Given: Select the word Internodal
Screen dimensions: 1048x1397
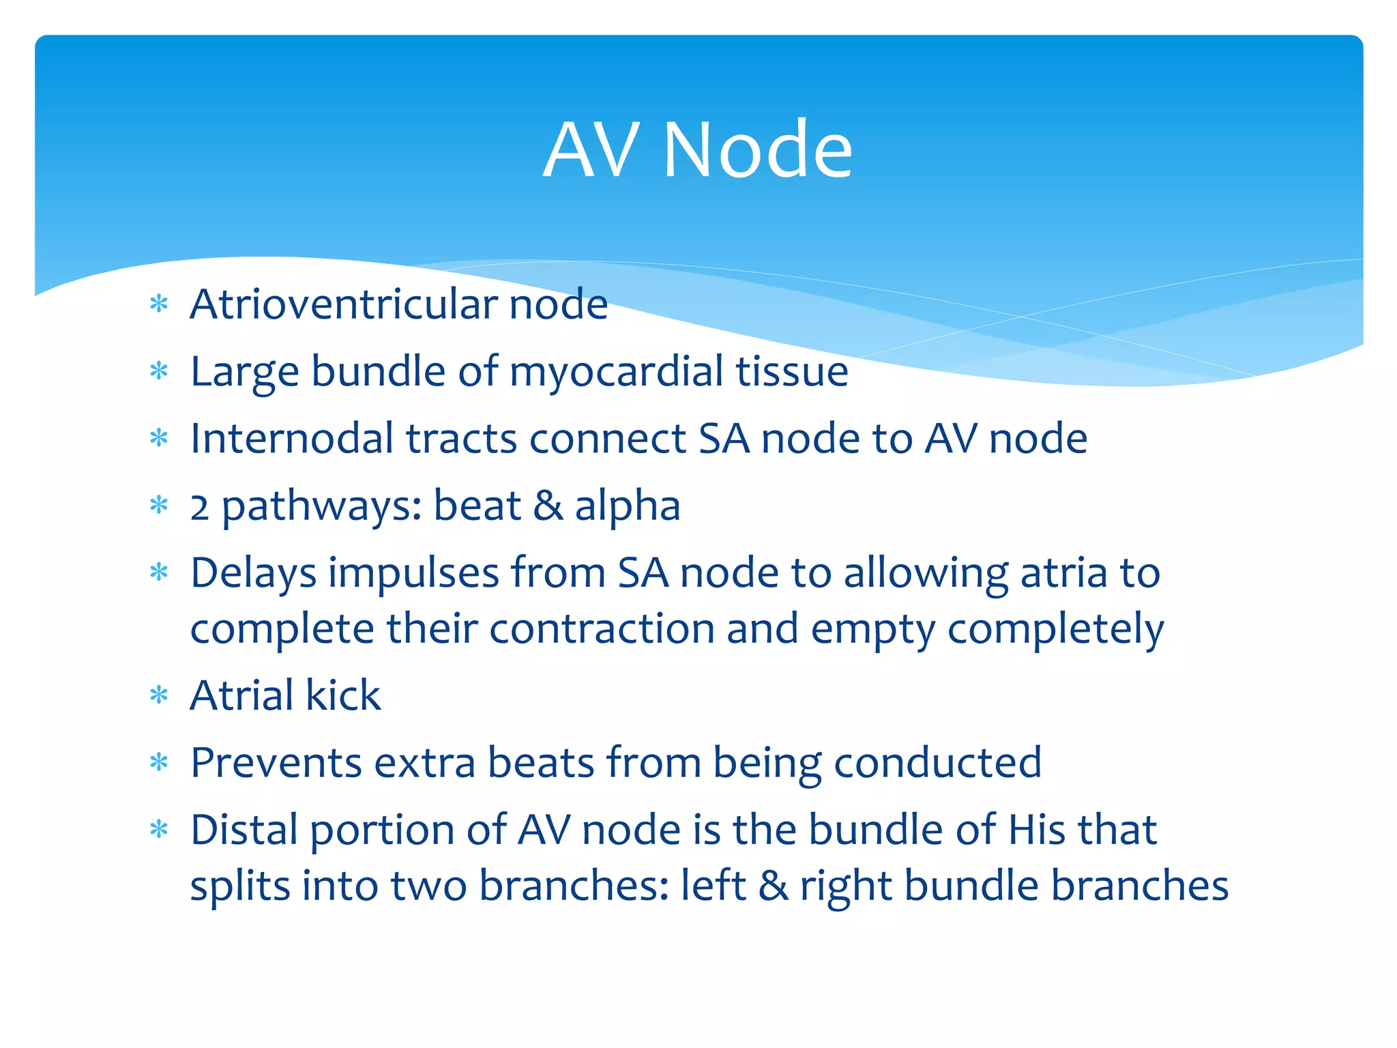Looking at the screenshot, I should pos(291,438).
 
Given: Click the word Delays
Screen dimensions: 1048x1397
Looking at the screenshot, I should pos(253,573).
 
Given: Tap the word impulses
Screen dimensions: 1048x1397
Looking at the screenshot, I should pos(413,573).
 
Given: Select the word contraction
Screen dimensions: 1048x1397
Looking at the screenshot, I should pos(600,628).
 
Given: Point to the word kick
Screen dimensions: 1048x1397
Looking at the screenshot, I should pos(342,695).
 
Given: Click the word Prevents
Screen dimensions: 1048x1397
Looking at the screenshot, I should pos(276,762).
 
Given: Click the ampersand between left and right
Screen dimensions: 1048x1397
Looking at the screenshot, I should pos(773,885).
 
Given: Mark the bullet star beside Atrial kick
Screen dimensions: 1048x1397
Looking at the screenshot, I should pos(159,696).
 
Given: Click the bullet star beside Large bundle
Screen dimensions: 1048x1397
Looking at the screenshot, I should pos(159,372).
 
